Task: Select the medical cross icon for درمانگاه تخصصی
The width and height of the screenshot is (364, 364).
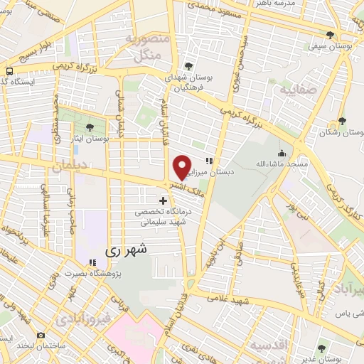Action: [x=164, y=201]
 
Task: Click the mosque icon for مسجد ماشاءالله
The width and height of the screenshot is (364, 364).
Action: [x=282, y=153]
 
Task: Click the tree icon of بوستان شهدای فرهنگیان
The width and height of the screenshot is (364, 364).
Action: [x=188, y=66]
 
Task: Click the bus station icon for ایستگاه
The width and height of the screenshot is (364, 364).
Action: [x=10, y=71]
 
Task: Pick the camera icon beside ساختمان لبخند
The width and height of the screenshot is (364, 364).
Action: [x=41, y=336]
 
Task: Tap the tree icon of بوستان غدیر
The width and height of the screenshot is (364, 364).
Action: [x=322, y=348]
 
